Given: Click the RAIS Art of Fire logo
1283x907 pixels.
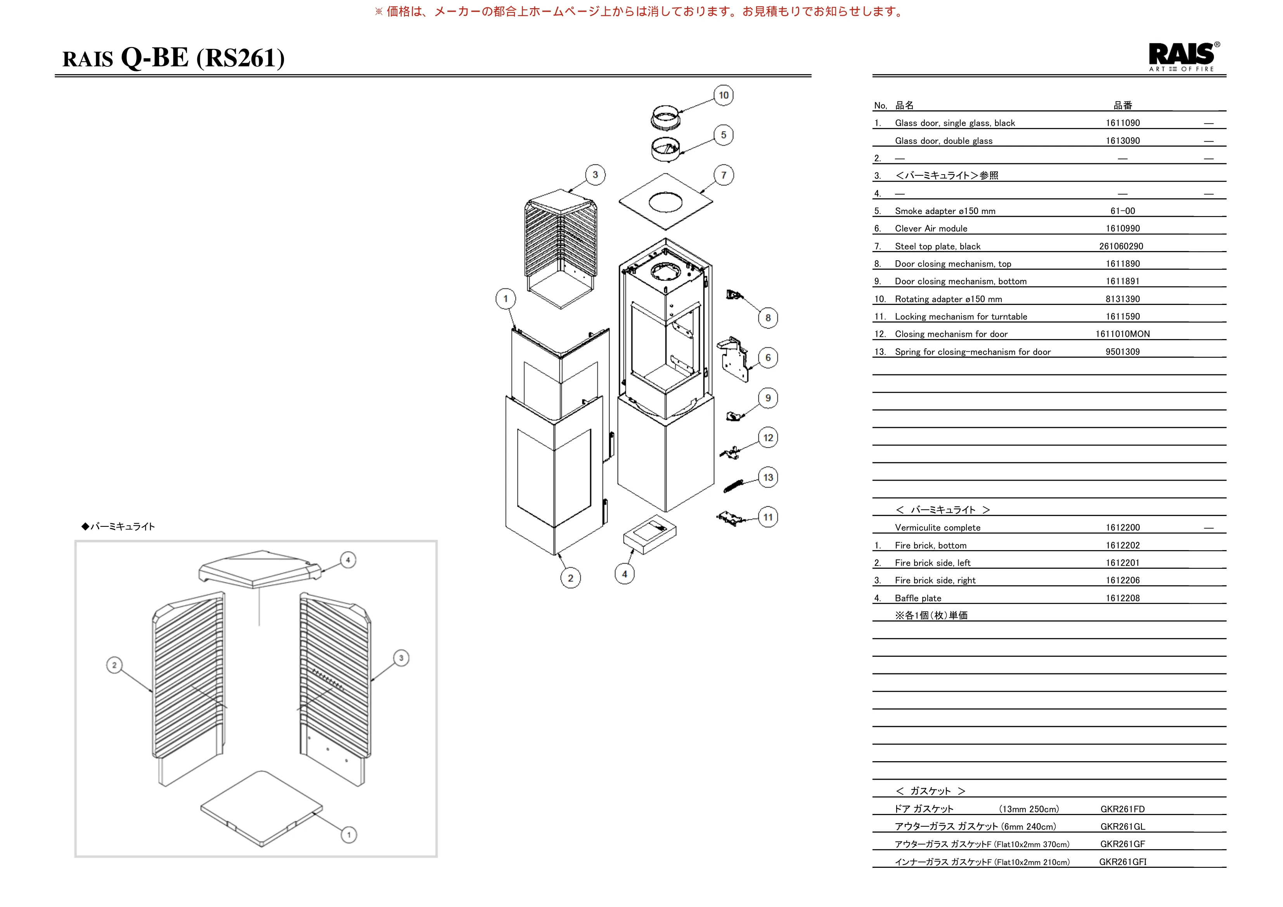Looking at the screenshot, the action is click(1184, 56).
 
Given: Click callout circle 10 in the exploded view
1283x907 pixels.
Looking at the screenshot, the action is click(724, 95).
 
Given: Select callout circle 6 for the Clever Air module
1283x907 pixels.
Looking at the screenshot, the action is click(768, 358).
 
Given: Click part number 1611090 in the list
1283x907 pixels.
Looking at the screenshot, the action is click(1123, 123).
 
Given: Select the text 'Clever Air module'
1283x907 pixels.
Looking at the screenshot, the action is click(931, 228).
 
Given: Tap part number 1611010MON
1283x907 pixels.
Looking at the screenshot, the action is click(1123, 334).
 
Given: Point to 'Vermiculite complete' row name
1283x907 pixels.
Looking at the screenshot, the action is click(938, 528).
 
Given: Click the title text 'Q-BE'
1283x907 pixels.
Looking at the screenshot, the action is click(155, 57).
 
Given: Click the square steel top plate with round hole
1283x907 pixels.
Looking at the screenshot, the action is click(665, 201).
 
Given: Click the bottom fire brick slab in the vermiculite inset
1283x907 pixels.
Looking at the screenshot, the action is click(261, 808).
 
